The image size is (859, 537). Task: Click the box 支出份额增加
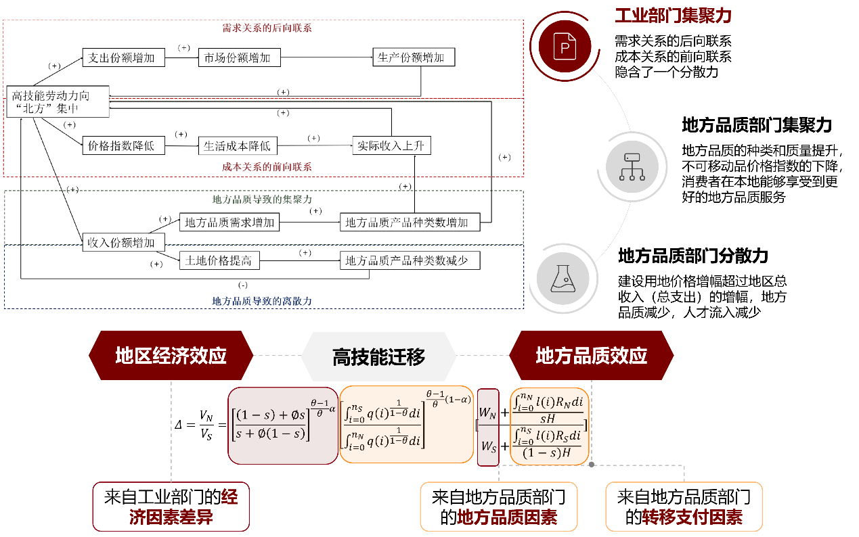tap(122, 57)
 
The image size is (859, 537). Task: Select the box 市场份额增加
tap(238, 57)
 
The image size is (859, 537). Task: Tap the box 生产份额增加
tap(413, 57)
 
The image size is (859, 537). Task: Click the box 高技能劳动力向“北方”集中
tap(57, 102)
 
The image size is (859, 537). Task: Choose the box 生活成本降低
tap(238, 145)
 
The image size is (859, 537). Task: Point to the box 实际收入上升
tap(392, 145)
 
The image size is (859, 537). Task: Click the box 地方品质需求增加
tap(229, 222)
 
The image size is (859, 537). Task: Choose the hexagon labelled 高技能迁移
tap(378, 356)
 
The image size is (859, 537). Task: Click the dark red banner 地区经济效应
tap(171, 356)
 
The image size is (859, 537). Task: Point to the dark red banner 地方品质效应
tap(591, 356)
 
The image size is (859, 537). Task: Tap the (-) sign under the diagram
tap(243, 285)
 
